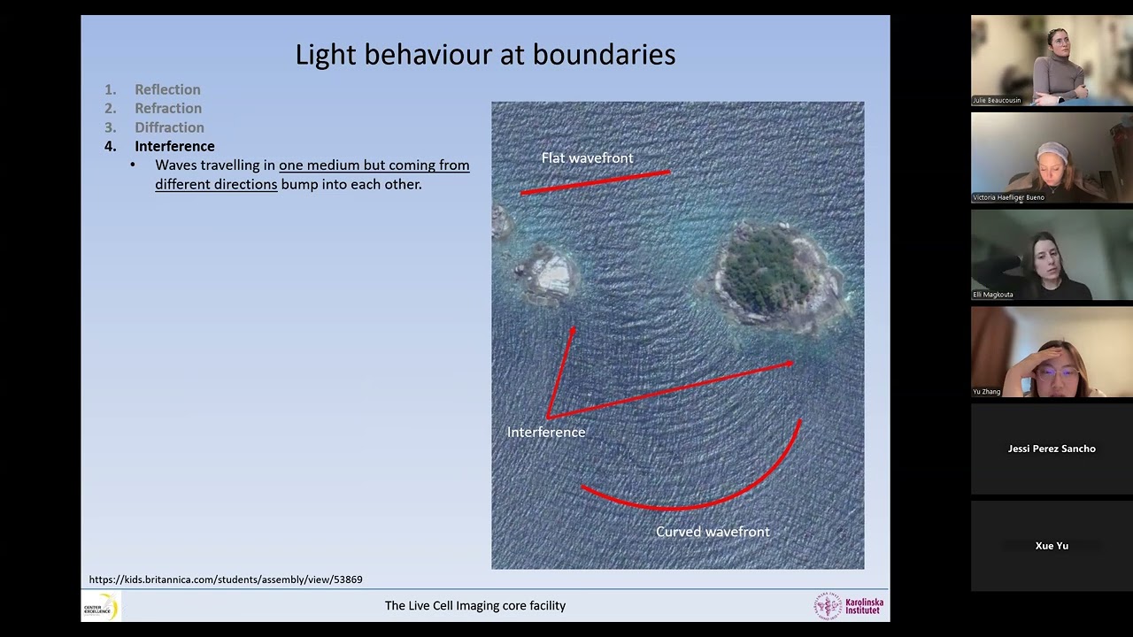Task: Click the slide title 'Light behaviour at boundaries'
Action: pos(485,55)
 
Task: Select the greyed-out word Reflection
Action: pos(167,89)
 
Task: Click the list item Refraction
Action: pos(168,108)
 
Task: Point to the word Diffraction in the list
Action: pos(169,127)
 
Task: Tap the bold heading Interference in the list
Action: pos(174,146)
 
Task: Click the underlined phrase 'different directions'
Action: pos(216,184)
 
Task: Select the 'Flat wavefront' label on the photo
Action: pos(587,157)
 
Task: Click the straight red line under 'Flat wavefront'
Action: pos(595,182)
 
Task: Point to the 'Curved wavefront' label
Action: pos(713,532)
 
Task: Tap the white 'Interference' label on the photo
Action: pos(546,432)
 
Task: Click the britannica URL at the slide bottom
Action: pos(226,579)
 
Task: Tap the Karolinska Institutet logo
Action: pos(849,606)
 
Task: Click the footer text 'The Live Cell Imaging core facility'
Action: pos(474,606)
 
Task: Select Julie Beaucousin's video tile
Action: pos(1052,60)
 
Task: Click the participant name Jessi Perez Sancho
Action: pos(1052,449)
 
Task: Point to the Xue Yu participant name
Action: pos(1052,546)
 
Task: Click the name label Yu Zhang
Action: pos(987,391)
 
